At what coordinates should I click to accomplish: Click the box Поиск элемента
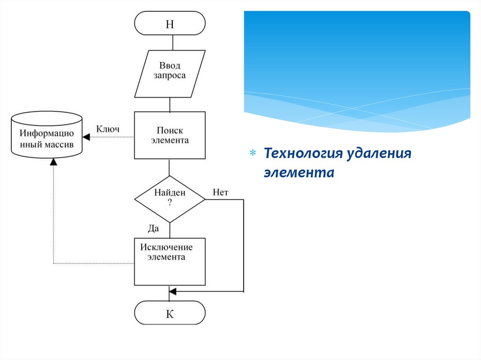point(170,135)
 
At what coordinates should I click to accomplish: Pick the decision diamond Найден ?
point(170,199)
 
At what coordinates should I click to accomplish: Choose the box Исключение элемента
point(170,261)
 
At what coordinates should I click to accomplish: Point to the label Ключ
point(108,129)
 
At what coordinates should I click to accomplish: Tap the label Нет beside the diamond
point(220,192)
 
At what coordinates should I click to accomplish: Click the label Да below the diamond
point(154,229)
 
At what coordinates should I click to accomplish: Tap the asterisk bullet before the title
point(252,153)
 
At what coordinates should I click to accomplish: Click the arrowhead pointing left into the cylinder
point(85,137)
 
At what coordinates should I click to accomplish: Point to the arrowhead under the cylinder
point(53,161)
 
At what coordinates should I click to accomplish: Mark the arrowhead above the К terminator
point(172,291)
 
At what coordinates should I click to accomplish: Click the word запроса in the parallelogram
point(170,76)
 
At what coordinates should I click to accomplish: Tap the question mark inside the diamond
point(170,203)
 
